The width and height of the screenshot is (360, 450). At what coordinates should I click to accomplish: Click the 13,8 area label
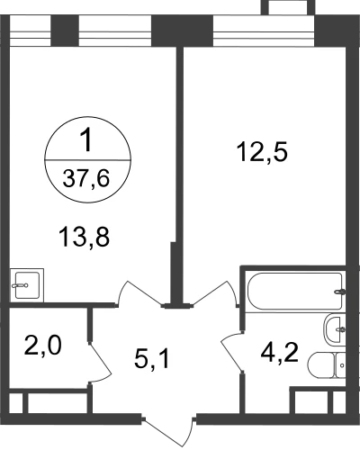85,238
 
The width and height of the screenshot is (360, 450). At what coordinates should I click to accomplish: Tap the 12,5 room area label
262,152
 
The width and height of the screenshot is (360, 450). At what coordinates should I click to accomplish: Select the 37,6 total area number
86,179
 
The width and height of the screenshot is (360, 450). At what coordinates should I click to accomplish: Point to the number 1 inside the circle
87,140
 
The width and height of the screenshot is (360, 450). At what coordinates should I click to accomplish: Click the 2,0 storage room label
43,346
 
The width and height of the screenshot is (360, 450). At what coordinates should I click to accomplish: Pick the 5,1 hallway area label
152,359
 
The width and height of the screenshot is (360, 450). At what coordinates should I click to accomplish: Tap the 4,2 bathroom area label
279,353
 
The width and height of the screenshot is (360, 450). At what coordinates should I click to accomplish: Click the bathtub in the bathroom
295,291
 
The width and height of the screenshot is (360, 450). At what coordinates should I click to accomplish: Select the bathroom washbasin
334,329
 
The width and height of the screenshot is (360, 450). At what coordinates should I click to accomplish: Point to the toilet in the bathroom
327,365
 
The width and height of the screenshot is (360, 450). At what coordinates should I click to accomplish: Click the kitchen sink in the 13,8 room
27,285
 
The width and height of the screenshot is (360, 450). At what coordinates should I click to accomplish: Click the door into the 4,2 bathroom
231,352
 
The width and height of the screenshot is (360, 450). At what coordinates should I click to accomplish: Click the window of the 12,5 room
264,31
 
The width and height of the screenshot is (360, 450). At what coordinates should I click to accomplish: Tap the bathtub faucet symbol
339,291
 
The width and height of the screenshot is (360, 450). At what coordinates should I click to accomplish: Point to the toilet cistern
340,365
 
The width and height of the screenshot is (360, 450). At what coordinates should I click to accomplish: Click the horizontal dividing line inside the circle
87,160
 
